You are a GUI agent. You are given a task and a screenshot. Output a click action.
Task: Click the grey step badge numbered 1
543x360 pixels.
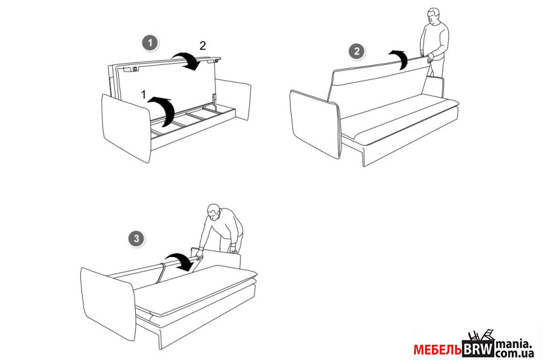[x=150, y=44]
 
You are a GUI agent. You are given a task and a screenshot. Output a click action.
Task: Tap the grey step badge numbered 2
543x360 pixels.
[x=356, y=52]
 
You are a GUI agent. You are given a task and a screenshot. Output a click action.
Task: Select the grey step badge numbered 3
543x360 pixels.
[x=136, y=238]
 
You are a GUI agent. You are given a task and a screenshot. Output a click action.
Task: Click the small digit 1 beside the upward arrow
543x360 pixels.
[x=144, y=94]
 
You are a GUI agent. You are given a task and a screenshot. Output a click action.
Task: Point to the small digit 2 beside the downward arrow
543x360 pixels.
[x=203, y=45]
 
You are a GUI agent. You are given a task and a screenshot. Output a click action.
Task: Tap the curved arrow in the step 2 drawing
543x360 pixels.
[x=400, y=57]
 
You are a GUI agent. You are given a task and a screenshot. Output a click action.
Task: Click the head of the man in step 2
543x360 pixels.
[x=433, y=16]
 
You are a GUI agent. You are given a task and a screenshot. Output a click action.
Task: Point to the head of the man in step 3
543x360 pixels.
[x=213, y=212]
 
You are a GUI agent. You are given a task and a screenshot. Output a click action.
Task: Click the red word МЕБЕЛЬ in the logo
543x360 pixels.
[x=438, y=350]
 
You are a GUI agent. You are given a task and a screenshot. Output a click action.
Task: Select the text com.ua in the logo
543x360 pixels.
[x=514, y=354]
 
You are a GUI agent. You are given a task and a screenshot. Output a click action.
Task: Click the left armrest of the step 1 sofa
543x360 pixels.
[x=126, y=127]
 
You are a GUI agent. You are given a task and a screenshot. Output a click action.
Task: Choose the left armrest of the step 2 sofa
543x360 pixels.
[x=316, y=124]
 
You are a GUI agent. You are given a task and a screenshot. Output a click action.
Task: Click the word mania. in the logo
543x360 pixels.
[x=514, y=344]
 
